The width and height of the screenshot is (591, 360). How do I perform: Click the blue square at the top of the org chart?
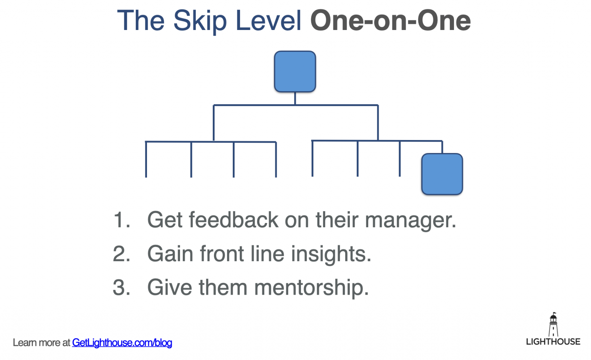295,72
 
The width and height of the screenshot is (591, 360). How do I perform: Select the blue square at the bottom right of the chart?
442,174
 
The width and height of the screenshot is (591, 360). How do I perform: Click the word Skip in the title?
200,21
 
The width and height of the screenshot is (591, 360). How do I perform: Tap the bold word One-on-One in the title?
390,21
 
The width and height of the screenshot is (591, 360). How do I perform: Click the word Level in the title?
268,21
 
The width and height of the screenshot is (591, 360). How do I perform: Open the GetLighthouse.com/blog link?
122,343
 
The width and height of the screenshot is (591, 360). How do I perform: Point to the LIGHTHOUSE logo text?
553,342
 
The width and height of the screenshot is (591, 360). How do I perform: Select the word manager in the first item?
410,221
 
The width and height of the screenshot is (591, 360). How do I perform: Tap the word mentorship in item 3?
311,288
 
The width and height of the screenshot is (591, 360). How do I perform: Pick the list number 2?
122,254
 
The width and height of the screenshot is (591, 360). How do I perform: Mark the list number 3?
122,288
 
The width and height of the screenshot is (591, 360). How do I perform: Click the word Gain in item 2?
169,254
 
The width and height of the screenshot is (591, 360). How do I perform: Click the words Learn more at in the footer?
42,343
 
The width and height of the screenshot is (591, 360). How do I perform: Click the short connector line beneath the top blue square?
295,98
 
